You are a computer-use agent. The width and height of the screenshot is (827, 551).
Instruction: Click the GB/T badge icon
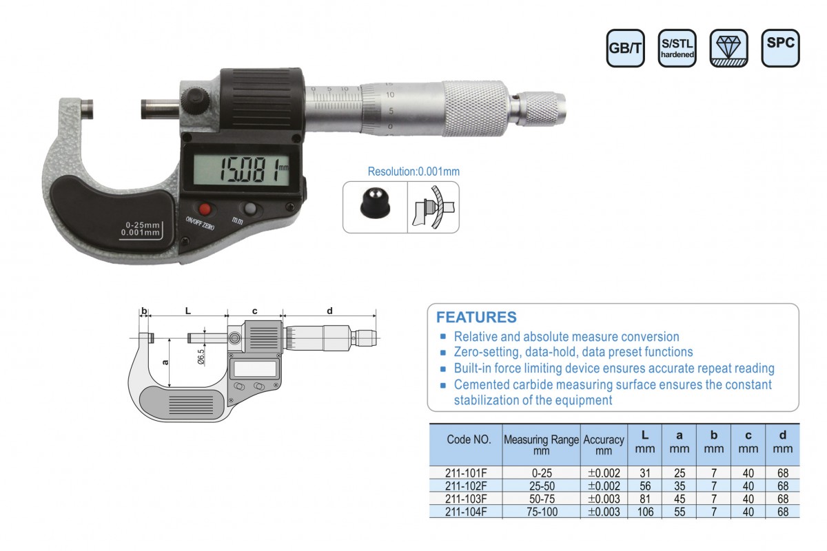[x=626, y=48]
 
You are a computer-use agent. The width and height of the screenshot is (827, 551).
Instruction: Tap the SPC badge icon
[x=780, y=48]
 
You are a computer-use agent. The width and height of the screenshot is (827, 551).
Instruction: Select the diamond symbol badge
[x=729, y=48]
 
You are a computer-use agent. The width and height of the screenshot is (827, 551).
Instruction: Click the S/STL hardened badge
[x=677, y=48]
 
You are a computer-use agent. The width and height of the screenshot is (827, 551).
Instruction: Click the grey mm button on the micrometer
[x=250, y=209]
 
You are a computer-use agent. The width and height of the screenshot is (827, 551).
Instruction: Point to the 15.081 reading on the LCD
[x=249, y=171]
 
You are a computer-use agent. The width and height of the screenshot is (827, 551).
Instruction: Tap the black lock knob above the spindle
[x=195, y=101]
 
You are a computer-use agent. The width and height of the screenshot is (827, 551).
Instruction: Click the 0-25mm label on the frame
[x=142, y=225]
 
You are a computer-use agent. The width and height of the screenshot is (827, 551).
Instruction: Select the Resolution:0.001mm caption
[x=413, y=171]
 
